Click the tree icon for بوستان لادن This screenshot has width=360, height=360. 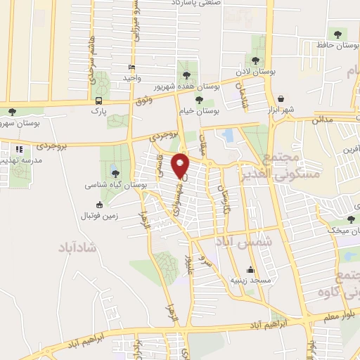(255, 60)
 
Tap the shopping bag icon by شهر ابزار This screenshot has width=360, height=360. (281, 99)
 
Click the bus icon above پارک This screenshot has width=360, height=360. (98, 100)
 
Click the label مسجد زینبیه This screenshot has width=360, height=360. (250, 280)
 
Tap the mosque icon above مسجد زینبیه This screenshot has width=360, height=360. (250, 269)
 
